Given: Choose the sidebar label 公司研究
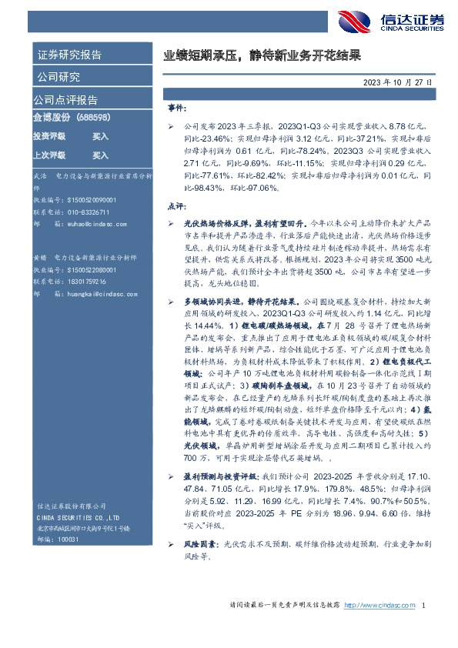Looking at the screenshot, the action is pos(59,77).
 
